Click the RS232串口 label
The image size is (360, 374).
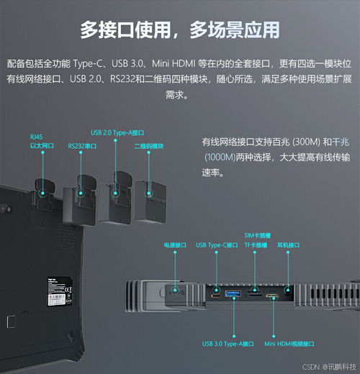click(x=83, y=145)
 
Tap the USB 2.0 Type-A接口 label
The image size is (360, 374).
click(x=117, y=132)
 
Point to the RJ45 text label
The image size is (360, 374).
click(x=36, y=135)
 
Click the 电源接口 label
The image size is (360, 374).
click(x=176, y=245)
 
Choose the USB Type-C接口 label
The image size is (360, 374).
click(x=217, y=245)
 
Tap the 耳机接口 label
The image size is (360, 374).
click(x=288, y=245)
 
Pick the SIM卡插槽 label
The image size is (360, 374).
click(x=256, y=236)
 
